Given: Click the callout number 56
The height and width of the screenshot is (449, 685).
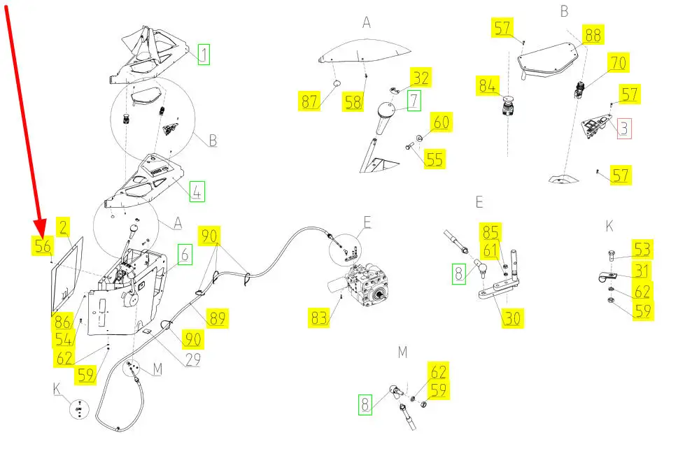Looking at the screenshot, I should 43,245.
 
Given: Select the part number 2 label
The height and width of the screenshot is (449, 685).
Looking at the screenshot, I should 63,227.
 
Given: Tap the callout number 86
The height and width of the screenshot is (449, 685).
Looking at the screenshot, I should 63,322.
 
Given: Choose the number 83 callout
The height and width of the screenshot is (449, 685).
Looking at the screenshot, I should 320,319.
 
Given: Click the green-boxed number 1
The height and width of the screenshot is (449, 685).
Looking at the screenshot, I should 204,54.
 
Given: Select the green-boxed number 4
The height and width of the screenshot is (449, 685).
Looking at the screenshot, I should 197,191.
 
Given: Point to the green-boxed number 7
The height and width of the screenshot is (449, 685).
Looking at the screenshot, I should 414,100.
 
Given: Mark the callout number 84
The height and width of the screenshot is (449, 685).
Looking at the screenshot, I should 488,87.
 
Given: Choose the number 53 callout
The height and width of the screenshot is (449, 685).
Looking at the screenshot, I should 642,249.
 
